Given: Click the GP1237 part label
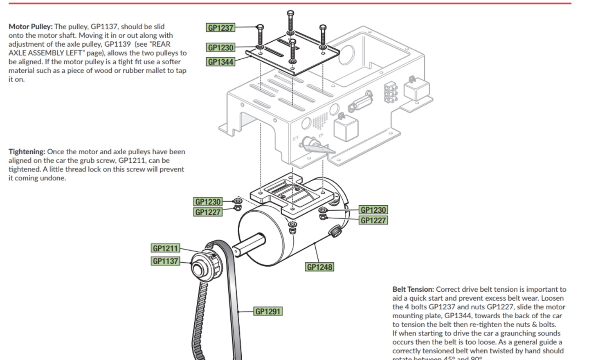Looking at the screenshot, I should [220, 28].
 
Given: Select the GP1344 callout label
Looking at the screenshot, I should [220, 62].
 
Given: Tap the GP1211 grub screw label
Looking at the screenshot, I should [165, 248].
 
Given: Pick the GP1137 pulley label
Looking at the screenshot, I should [165, 261].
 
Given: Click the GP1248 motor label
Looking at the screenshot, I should [319, 267].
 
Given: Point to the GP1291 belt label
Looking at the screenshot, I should [268, 311].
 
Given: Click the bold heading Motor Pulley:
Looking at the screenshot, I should [31, 27].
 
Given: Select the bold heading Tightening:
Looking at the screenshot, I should [27, 152].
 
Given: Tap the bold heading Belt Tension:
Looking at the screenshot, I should [413, 290].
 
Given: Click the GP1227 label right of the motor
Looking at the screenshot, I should [373, 220].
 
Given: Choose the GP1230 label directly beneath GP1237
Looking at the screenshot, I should [220, 47].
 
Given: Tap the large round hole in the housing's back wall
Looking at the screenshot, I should [346, 55].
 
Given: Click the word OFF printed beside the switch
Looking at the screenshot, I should [296, 138].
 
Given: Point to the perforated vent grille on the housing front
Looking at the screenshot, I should [320, 120].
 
